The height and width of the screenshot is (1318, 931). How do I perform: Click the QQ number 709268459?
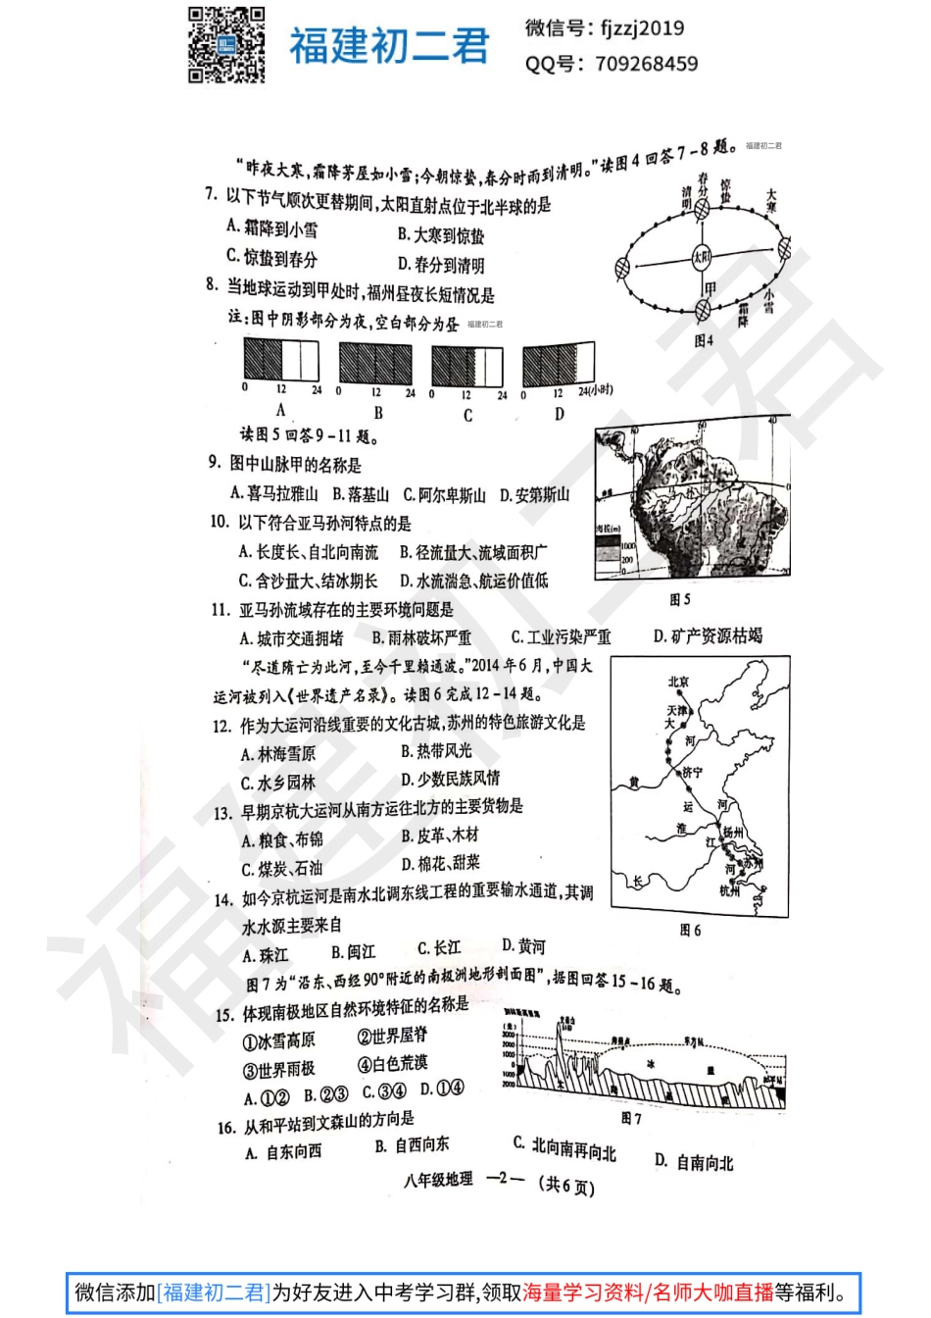point(647,65)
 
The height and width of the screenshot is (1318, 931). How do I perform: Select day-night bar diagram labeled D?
point(559,365)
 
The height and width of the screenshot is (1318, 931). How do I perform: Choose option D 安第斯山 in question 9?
point(535,494)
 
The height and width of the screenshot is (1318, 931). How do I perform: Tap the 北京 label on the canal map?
point(678,682)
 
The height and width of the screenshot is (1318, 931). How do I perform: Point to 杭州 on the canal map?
point(729,890)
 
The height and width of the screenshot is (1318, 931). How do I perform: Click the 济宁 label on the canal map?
point(693,773)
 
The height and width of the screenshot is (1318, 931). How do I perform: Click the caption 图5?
point(680,599)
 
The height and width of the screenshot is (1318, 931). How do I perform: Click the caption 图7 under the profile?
point(631,1118)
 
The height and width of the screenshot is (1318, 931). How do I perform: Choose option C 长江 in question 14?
point(438,948)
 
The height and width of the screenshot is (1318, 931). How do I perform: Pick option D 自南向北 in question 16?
point(694,1162)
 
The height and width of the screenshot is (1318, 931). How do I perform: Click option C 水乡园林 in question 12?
point(278,783)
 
